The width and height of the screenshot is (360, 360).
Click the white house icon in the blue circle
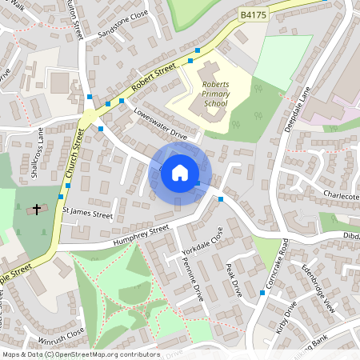180,172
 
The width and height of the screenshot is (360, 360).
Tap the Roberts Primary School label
215,94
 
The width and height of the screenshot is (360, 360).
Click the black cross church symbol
35,210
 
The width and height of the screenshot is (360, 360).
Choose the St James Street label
88,214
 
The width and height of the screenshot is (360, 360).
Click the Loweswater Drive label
160,125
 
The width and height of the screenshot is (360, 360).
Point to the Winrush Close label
65,331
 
